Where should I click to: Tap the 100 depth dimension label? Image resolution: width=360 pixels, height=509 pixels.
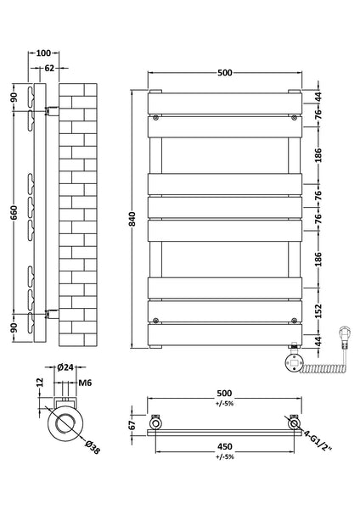(x=43, y=53)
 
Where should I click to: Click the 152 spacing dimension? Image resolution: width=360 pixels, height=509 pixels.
(x=320, y=310)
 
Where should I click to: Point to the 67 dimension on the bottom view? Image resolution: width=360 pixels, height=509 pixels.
(x=132, y=425)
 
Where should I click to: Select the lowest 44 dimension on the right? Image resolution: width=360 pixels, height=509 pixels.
(x=320, y=341)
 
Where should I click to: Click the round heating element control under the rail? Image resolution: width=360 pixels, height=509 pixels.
(x=292, y=362)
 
